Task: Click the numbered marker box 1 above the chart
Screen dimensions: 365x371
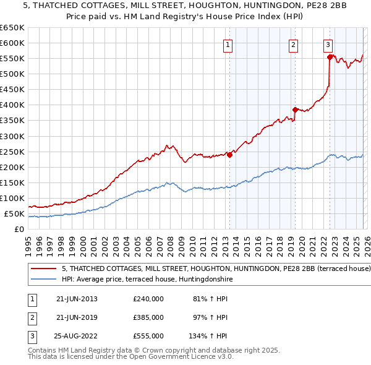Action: (x=228, y=45)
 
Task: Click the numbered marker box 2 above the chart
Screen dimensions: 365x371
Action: (x=293, y=45)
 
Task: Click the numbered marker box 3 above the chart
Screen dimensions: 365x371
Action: (x=328, y=45)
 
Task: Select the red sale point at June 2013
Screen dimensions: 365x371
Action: (x=229, y=155)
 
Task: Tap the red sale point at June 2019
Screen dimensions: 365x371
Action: (x=295, y=109)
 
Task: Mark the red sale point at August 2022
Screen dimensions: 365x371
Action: (x=330, y=57)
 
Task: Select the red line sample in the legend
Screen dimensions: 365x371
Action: (x=44, y=269)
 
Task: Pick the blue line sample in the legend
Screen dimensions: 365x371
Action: (x=44, y=280)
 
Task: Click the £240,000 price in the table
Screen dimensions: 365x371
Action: (x=148, y=299)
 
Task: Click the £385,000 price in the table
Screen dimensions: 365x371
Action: (x=148, y=317)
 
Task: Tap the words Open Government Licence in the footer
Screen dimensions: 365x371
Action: (x=173, y=356)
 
